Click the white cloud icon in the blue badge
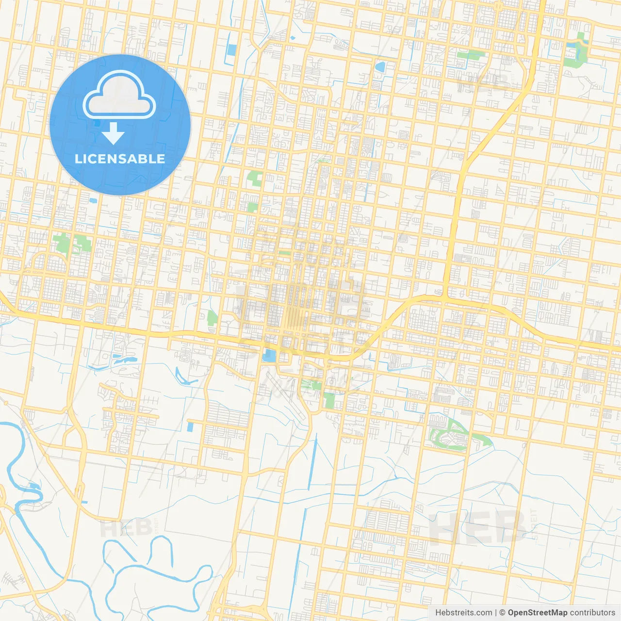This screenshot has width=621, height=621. point(119,95)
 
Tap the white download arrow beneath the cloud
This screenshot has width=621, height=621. point(113,133)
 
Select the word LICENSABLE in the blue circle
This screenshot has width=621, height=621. point(120,159)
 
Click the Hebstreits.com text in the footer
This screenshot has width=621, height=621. point(463,613)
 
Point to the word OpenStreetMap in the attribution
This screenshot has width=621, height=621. point(537,613)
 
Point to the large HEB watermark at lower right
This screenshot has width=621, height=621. point(478,528)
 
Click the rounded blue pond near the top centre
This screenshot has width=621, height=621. point(379,66)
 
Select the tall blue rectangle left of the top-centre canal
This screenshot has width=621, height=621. point(232,50)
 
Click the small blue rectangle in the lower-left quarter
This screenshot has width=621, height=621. point(190,426)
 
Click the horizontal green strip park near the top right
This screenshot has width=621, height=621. point(470,55)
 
